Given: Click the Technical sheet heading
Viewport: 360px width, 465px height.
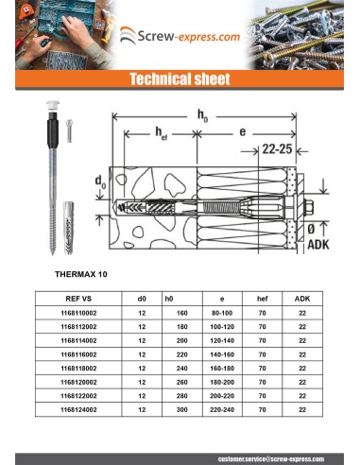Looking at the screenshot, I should (x=179, y=78).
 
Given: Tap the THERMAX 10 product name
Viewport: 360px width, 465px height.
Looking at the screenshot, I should (x=84, y=273).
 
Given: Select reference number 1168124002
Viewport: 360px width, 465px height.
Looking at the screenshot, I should (x=77, y=410).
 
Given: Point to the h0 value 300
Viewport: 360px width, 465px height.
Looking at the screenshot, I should (x=182, y=410).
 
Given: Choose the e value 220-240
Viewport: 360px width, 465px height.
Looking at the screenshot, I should (x=222, y=410).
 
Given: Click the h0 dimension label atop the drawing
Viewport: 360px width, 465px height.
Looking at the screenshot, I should (x=203, y=114).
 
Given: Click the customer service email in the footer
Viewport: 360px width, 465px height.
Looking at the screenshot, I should (x=271, y=458).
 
